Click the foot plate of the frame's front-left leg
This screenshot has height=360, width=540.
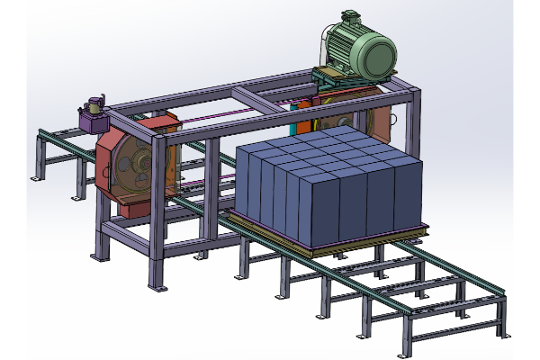pyautogui.click(x=158, y=287)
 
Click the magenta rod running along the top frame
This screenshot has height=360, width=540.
pyautogui.click(x=234, y=113)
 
